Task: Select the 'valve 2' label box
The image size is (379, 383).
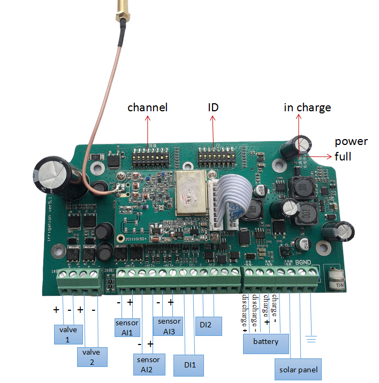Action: coord(92,357)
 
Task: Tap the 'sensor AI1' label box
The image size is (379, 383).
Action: coord(127,327)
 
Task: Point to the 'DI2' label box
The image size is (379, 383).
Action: coord(209,325)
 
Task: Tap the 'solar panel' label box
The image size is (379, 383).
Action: coord(299,370)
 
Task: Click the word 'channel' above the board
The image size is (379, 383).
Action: coord(147,108)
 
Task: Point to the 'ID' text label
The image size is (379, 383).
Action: coord(214,108)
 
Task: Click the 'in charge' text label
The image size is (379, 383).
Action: coord(307,108)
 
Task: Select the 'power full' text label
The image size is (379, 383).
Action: coord(351,149)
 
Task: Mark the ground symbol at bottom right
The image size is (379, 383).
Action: coord(312,339)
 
